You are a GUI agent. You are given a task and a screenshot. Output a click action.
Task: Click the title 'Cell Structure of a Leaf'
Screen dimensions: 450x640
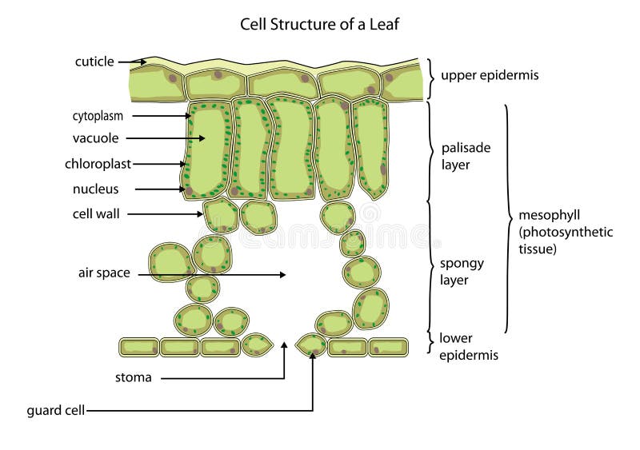(x=320, y=24)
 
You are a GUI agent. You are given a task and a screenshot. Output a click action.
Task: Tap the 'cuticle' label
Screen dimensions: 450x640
(x=94, y=62)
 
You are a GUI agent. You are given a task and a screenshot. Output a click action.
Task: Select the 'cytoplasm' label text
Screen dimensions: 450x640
(x=95, y=116)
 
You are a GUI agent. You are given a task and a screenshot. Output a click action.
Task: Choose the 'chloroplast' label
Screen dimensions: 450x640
(x=98, y=164)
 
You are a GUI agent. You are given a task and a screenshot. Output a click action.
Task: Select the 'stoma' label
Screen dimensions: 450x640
(x=132, y=377)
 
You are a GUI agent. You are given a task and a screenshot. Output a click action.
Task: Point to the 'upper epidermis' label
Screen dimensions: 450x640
(x=489, y=76)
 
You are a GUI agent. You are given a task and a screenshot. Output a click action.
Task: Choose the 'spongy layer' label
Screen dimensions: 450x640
(x=463, y=271)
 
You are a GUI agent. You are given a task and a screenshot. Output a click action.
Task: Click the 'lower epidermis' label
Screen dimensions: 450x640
(x=469, y=346)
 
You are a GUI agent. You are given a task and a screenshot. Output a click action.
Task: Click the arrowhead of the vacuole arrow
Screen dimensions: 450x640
(x=204, y=138)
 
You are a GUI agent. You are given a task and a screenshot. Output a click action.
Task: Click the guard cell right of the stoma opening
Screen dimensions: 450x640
(x=310, y=345)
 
